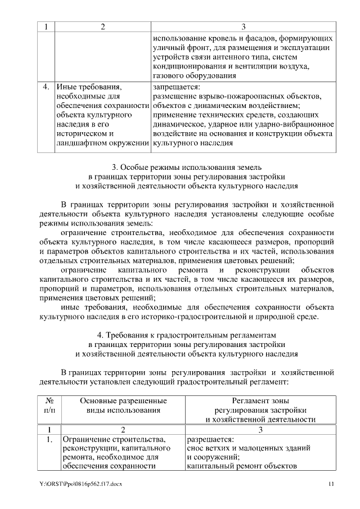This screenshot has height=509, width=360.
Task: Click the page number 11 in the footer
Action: pos(331,484)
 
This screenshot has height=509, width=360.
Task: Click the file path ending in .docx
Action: pos(81,484)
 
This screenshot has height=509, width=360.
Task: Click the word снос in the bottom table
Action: pos(195,448)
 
